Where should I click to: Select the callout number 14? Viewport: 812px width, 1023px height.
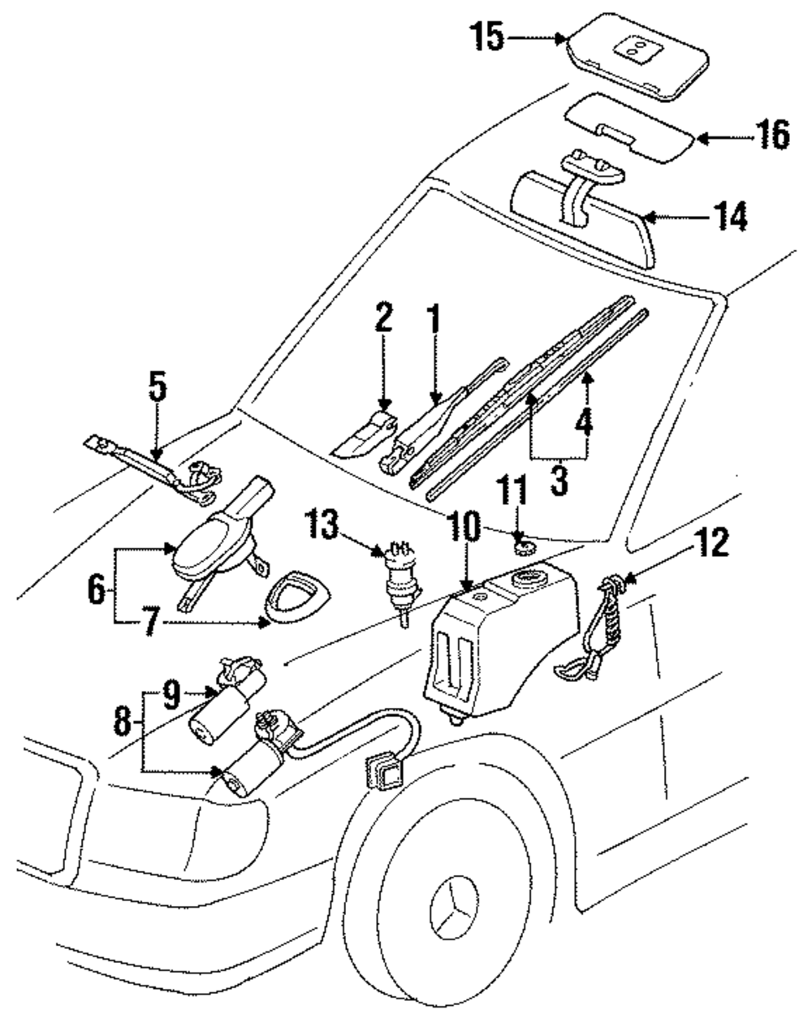pos(728,217)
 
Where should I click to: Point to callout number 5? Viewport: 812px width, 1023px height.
pos(158,388)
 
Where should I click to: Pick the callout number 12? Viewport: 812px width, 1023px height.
pos(710,543)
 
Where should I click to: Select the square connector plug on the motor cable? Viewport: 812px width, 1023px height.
pos(382,770)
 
